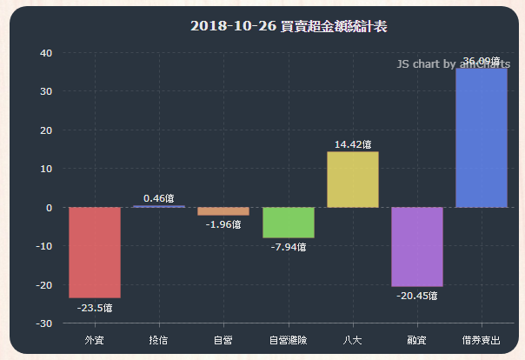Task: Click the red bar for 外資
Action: [95, 252]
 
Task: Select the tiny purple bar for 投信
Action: [158, 206]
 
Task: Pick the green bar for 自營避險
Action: [289, 223]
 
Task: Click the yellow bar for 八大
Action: [353, 180]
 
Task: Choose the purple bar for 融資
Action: [417, 247]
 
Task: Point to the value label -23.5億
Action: [95, 307]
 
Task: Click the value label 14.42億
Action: [353, 144]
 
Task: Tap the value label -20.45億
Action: [417, 296]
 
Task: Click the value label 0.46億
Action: [159, 198]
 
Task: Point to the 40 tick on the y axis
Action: [46, 53]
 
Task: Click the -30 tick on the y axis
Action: [43, 323]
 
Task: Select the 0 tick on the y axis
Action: [50, 208]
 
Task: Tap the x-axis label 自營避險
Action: [288, 339]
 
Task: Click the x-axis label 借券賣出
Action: [482, 339]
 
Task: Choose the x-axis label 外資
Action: [95, 339]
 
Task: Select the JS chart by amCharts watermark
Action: [453, 64]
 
